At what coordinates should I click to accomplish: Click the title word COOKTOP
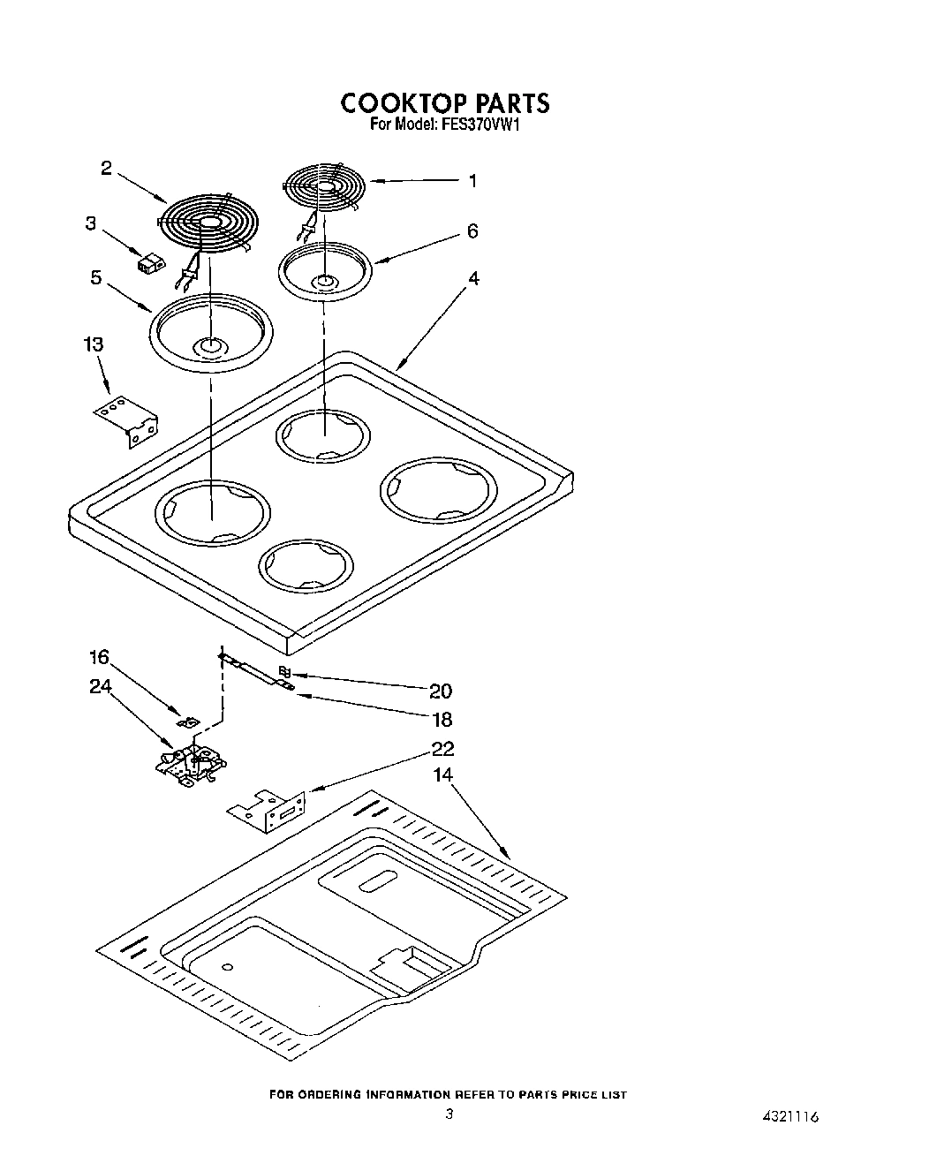(397, 103)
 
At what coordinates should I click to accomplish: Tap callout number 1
(472, 181)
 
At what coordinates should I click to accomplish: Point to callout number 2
(106, 168)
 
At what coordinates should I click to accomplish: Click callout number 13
(94, 344)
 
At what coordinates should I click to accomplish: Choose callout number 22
(442, 749)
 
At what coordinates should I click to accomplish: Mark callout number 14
(442, 774)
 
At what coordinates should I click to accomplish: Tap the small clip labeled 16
(188, 722)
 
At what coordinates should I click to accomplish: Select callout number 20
(441, 691)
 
